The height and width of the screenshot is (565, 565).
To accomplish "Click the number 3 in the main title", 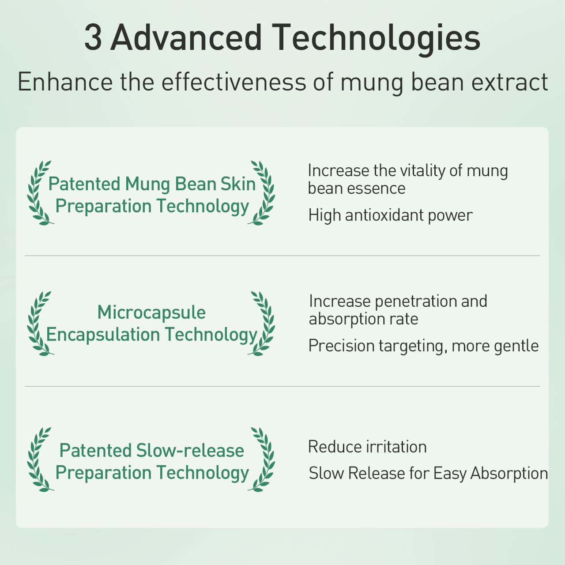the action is [x=93, y=38].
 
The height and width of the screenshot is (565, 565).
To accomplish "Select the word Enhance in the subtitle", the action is [x=65, y=82].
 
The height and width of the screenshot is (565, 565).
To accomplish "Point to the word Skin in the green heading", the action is [x=238, y=184].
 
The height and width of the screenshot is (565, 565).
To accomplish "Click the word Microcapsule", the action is [x=151, y=313].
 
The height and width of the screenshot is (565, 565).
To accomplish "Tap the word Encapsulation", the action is [x=103, y=335].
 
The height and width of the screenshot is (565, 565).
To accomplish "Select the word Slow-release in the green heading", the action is [x=190, y=450].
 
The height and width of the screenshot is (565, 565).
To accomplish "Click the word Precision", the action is [x=342, y=346].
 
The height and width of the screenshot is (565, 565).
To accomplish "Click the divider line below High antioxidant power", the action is [x=282, y=256].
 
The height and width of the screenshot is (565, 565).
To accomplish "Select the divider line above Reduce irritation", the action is [x=282, y=386].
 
